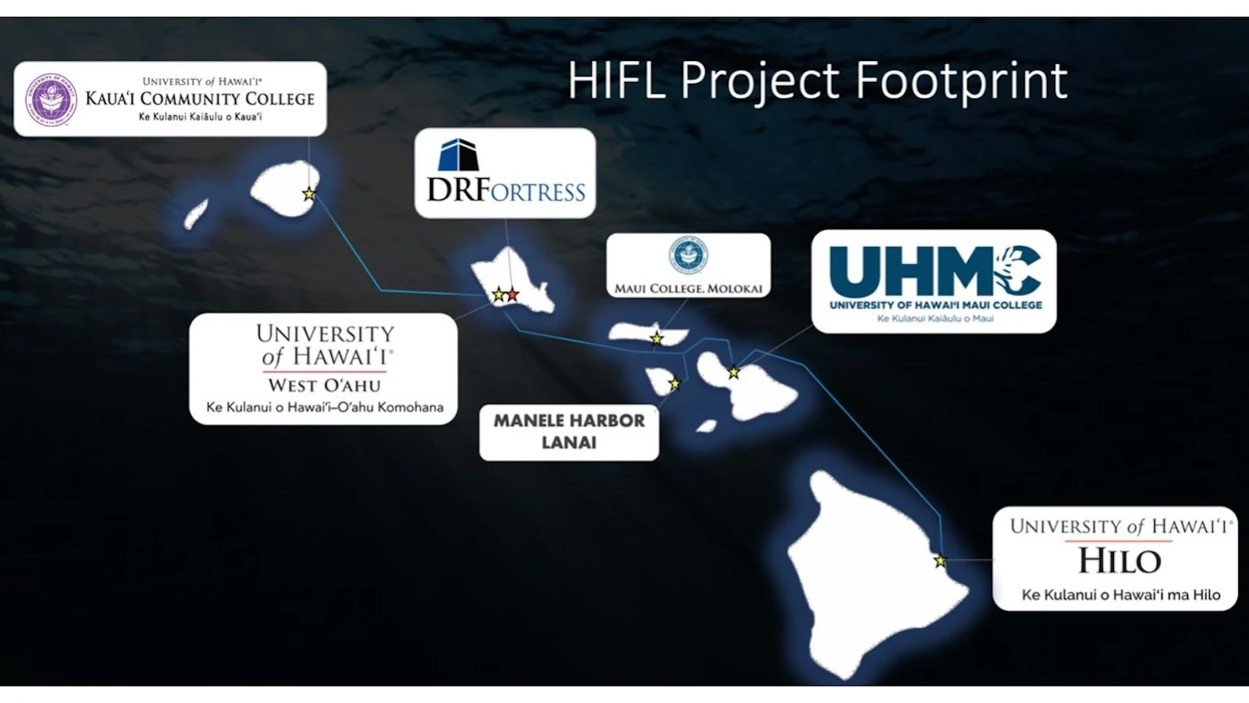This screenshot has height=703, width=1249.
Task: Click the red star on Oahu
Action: [512, 294]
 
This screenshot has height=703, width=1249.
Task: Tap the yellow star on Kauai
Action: [309, 194]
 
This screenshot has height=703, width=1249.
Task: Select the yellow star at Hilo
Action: [940, 561]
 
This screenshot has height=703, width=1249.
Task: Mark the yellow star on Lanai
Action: [674, 384]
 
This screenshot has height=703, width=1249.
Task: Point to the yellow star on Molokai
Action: [657, 338]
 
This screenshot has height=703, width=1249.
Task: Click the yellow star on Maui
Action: [734, 372]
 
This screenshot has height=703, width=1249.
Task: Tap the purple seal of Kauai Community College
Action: [52, 99]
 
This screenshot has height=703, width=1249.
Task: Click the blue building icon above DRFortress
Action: [458, 155]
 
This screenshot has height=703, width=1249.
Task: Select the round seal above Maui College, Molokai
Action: [689, 255]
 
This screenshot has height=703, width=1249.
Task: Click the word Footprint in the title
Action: [961, 80]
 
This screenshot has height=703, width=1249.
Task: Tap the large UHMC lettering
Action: [935, 273]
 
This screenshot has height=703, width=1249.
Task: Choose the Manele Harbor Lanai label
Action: [569, 432]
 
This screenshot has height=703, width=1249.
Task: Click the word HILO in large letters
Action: [1119, 561]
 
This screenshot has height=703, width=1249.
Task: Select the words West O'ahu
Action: [325, 385]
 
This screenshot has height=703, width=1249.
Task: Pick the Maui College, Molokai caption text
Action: [689, 288]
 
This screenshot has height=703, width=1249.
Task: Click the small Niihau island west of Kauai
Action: [196, 214]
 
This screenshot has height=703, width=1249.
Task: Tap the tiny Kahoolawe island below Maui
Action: [706, 426]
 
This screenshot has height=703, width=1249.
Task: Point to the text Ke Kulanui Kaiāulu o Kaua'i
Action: [200, 117]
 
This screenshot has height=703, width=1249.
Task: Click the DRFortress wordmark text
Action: [507, 191]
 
